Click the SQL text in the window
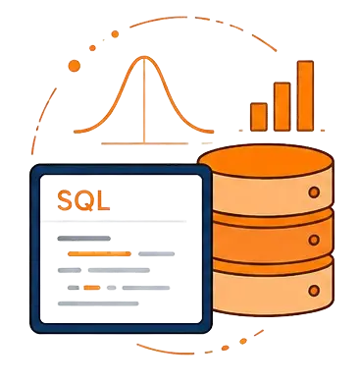click(83, 200)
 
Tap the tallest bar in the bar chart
click(305, 95)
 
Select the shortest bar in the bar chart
click(259, 117)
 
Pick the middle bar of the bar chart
click(283, 106)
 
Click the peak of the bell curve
click(144, 58)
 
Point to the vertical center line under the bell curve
click(144, 101)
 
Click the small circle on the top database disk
click(314, 192)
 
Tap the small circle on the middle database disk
click(314, 240)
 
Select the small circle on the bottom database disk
click(314, 290)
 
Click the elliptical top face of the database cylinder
click(266, 161)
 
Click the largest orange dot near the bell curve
click(75, 66)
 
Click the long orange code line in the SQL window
click(99, 253)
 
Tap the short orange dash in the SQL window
click(92, 288)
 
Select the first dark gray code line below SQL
click(83, 239)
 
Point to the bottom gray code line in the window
click(98, 303)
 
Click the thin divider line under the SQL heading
click(114, 221)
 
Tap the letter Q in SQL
click(85, 200)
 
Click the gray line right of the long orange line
click(156, 253)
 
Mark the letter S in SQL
click(65, 200)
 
